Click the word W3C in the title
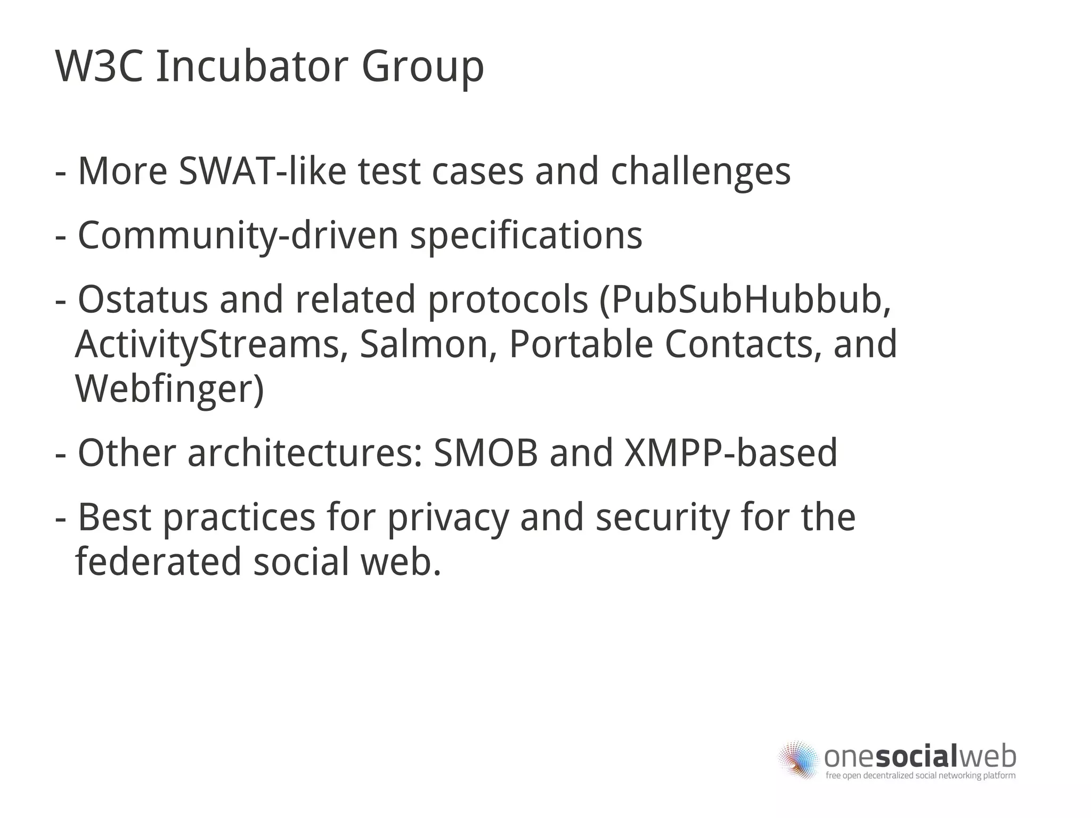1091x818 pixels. (x=99, y=67)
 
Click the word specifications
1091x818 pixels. (x=526, y=236)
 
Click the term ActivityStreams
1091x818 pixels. (x=208, y=345)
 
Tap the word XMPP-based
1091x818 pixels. (x=730, y=453)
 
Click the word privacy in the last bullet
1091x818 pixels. (x=448, y=519)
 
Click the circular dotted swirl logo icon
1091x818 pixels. (x=797, y=760)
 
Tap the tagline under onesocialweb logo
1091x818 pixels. (x=920, y=775)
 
